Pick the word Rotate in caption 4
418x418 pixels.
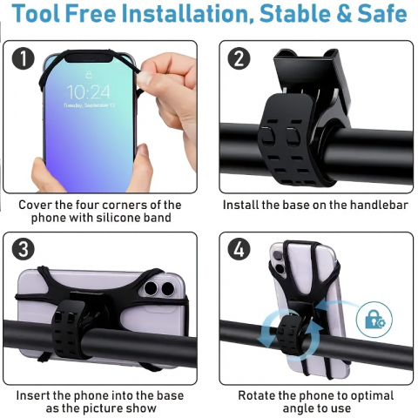(259, 396)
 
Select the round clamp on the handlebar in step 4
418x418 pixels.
(296, 335)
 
